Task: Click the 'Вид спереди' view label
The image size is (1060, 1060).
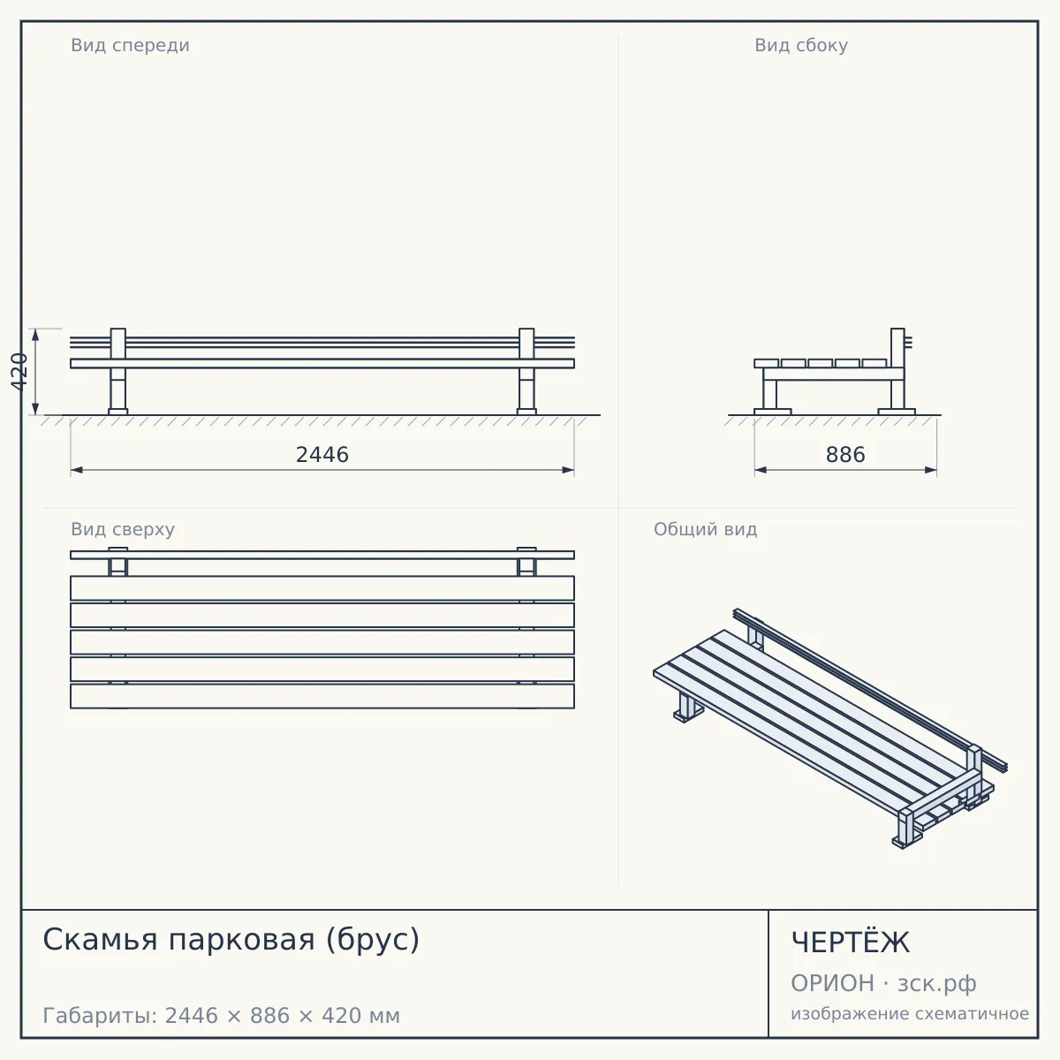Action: pyautogui.click(x=131, y=45)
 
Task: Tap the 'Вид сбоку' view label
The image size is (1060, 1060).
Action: pyautogui.click(x=801, y=45)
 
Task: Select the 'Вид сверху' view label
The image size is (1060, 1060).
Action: pyautogui.click(x=123, y=529)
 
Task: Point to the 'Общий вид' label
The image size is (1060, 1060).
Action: pyautogui.click(x=705, y=529)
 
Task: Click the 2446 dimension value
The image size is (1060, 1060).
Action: pyautogui.click(x=322, y=455)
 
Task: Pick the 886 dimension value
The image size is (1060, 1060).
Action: pyautogui.click(x=845, y=455)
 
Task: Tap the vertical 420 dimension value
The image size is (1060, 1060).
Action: pyautogui.click(x=19, y=372)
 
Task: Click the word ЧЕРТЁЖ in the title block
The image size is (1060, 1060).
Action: pyautogui.click(x=851, y=943)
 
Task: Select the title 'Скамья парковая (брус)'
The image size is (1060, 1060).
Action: pyautogui.click(x=231, y=940)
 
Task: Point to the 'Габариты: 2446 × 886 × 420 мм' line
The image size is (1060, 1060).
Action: pyautogui.click(x=221, y=1016)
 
